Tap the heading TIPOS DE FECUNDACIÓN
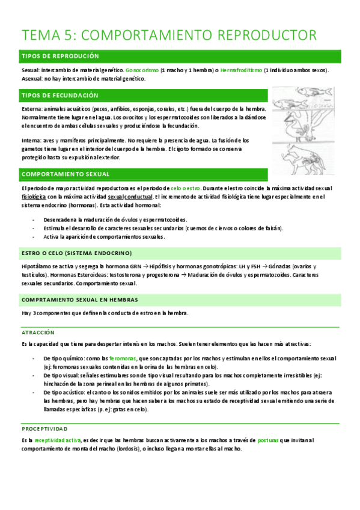tap(60, 96)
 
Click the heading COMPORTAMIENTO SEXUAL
tap(66, 174)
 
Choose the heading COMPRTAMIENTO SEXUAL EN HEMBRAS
tap(79, 300)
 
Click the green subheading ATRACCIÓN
tap(38, 332)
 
